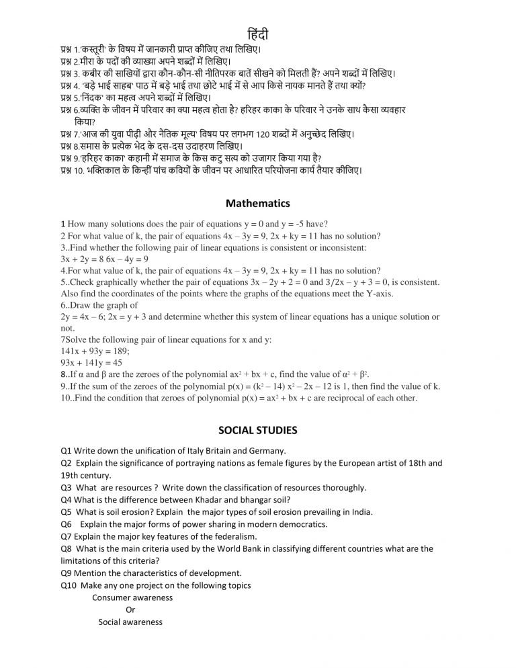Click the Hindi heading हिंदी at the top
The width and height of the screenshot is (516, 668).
tap(258, 34)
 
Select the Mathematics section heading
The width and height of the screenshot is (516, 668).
tap(258, 202)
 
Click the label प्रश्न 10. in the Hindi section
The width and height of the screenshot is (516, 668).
tap(72, 170)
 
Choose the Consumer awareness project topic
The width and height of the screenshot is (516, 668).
tap(131, 597)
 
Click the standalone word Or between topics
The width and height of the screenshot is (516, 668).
tap(130, 610)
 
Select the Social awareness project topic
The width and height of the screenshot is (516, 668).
tap(130, 622)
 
